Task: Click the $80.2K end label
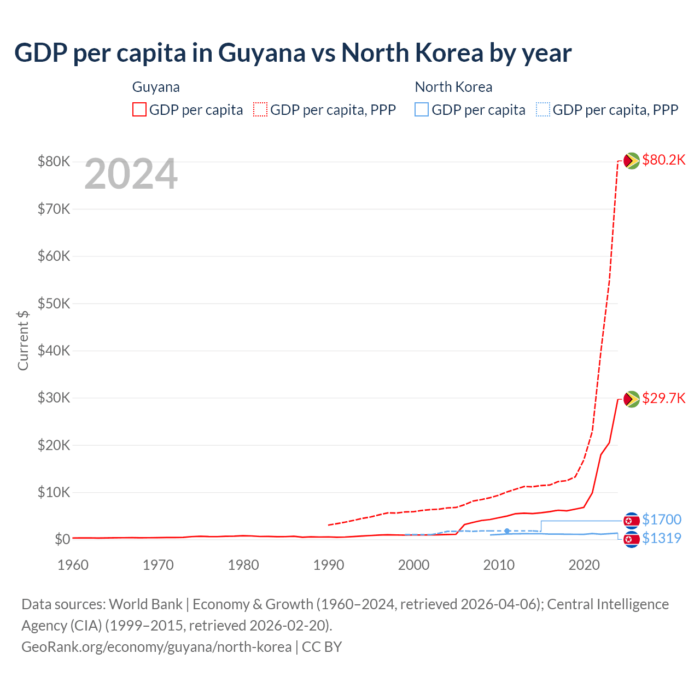point(663,160)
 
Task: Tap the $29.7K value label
point(663,398)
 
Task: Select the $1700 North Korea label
point(661,520)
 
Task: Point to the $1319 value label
point(661,538)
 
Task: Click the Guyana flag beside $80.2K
point(632,161)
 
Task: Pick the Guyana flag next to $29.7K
point(632,399)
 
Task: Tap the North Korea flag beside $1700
point(632,520)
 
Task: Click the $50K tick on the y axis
point(54,304)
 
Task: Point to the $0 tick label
point(62,540)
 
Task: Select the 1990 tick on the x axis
point(329,565)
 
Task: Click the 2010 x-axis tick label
point(499,565)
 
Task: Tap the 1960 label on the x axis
point(73,565)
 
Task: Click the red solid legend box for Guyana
point(139,110)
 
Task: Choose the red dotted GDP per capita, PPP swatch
point(260,110)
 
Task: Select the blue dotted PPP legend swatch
point(542,110)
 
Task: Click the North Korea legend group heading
point(453,87)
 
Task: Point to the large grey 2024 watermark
point(131,174)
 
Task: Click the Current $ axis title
point(23,340)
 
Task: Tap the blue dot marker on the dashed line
point(507,531)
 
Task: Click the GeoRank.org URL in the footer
point(156,647)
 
